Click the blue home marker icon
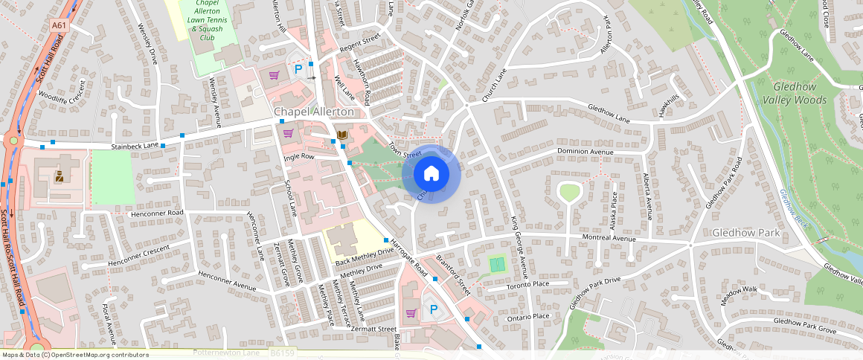pos(431,174)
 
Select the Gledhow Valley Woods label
pos(799,93)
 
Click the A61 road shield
pos(59,25)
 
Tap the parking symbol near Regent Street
pos(299,69)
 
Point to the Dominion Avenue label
pos(585,152)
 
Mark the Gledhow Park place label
pos(745,233)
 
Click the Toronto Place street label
pos(527,284)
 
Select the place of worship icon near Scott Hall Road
pos(59,176)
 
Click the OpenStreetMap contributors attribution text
pos(74,355)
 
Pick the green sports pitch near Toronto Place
pos(497,263)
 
